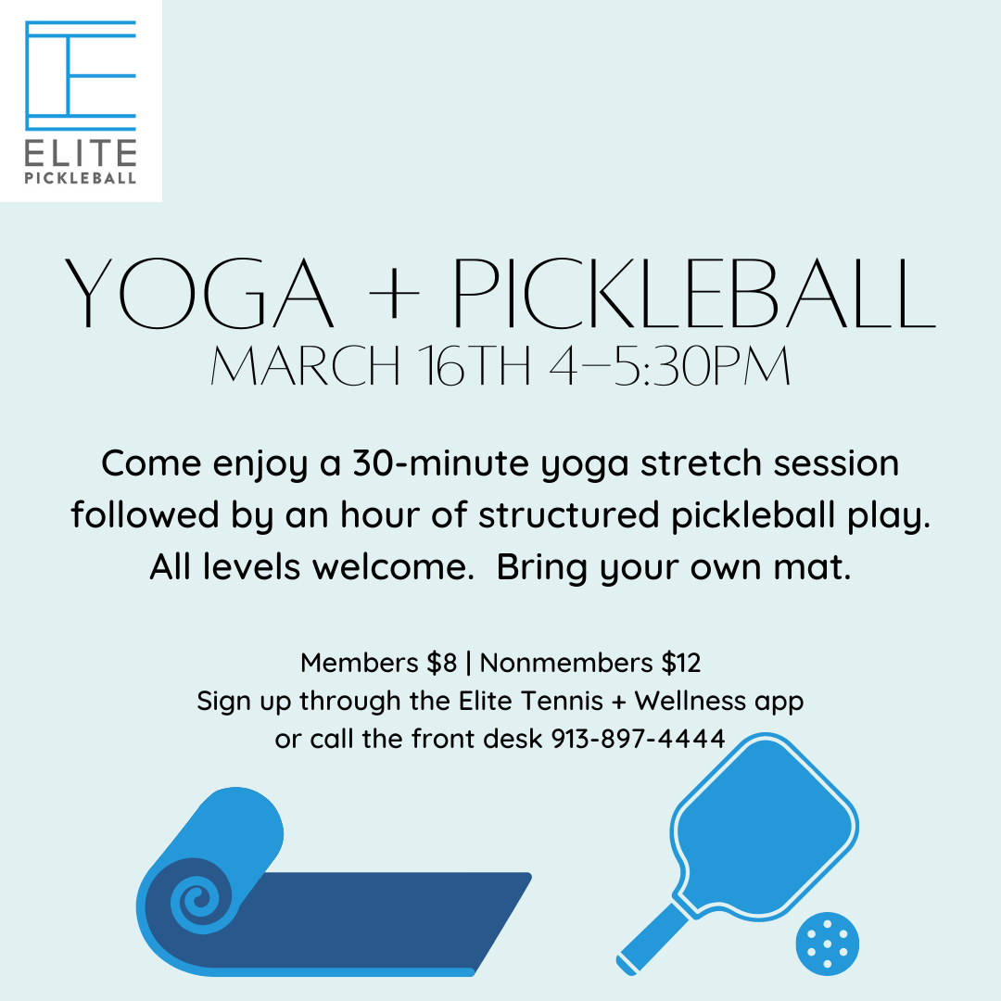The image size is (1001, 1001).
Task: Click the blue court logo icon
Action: click(81, 76)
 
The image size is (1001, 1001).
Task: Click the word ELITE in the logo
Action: click(81, 153)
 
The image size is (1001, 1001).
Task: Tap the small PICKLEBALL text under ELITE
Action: click(81, 178)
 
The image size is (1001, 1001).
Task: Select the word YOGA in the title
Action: click(198, 294)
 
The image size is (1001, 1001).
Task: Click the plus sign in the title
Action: click(394, 295)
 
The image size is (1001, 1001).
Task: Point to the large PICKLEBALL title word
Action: click(694, 294)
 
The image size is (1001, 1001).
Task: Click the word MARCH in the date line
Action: click(305, 366)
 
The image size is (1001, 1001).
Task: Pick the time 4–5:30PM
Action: click(670, 366)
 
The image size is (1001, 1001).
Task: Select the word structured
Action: click(568, 514)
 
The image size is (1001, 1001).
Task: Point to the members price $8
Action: click(442, 663)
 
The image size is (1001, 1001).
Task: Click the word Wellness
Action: click(691, 701)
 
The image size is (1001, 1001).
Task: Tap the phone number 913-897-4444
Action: click(638, 739)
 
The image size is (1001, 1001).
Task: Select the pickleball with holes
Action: click(828, 944)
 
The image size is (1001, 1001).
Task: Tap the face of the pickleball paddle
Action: click(766, 828)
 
